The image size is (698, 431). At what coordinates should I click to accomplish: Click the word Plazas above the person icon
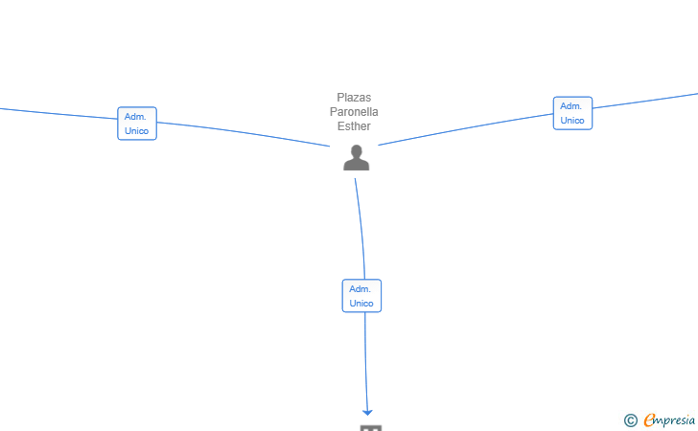click(x=354, y=98)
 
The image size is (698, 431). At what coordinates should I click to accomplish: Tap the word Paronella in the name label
click(x=354, y=112)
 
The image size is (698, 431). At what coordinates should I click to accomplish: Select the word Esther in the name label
click(x=354, y=126)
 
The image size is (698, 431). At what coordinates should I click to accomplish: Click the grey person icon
click(x=357, y=158)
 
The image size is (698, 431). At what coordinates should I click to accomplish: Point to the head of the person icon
click(x=357, y=151)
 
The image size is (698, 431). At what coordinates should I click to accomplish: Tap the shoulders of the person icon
click(x=357, y=165)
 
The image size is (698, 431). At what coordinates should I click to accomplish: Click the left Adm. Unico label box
click(x=137, y=124)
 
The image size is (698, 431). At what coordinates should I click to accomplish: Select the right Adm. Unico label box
click(x=572, y=113)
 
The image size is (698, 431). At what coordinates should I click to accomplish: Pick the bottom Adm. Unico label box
click(x=361, y=296)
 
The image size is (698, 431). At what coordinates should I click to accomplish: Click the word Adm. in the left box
click(x=135, y=117)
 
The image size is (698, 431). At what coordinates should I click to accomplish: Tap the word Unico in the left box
click(x=137, y=131)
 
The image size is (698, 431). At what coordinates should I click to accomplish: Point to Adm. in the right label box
click(x=571, y=106)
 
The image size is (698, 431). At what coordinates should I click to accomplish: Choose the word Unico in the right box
click(x=572, y=121)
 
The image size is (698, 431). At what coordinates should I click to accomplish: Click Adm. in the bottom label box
click(x=361, y=289)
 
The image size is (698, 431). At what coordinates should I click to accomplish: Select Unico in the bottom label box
click(x=361, y=304)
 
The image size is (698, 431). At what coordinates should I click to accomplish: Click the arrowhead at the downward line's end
click(x=367, y=411)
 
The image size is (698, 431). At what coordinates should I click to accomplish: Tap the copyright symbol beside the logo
click(x=630, y=420)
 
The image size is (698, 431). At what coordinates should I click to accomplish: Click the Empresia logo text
click(x=669, y=420)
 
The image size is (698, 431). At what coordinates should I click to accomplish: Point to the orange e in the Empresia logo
click(x=649, y=420)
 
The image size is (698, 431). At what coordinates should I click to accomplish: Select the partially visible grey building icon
click(x=371, y=427)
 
